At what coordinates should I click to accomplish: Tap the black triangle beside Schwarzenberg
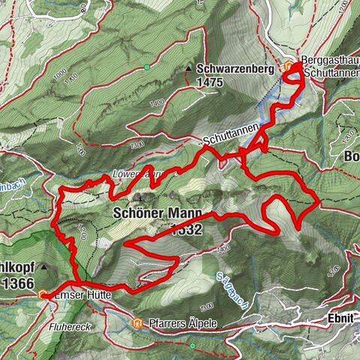tap(188, 69)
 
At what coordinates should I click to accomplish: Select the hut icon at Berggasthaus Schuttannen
tap(290, 66)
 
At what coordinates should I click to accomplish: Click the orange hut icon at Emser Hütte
tap(43, 295)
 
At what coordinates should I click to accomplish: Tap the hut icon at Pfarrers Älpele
tap(136, 323)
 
